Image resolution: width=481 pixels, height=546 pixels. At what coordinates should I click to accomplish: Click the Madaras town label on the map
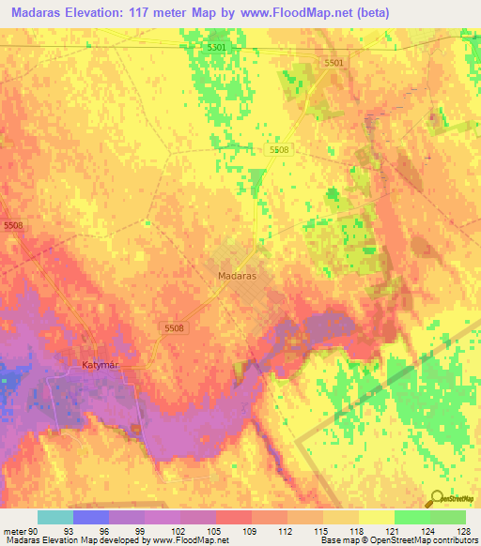coord(237,278)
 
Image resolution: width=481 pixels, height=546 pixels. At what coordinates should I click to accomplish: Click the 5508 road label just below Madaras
coord(176,327)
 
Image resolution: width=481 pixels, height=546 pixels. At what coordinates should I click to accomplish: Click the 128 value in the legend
coord(465,530)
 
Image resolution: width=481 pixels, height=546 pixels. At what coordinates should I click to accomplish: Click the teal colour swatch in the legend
coord(55,517)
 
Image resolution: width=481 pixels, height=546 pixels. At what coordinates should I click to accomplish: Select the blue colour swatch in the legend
coord(91,517)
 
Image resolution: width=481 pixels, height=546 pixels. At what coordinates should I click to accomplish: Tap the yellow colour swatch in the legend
coord(376,517)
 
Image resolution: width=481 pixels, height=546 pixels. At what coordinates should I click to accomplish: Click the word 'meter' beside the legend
coord(12,530)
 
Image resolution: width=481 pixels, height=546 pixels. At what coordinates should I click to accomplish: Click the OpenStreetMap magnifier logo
coord(437,498)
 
